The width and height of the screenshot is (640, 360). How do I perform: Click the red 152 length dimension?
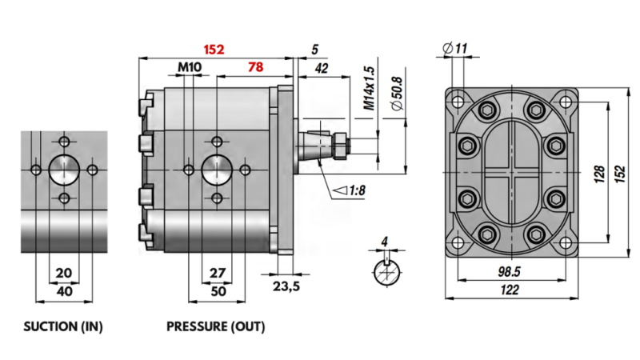click(x=213, y=49)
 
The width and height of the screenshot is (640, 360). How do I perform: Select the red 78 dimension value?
click(x=255, y=67)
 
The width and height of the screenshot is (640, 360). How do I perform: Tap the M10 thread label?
click(x=189, y=67)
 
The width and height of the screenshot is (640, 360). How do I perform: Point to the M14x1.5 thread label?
click(x=369, y=88)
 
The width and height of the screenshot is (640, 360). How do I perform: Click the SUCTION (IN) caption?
click(x=64, y=327)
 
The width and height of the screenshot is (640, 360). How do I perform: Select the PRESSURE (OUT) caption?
click(x=215, y=327)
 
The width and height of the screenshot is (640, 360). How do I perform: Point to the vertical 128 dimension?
click(x=598, y=174)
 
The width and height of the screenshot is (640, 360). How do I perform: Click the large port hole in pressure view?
click(x=217, y=169)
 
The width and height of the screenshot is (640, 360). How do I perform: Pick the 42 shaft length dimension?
click(x=322, y=69)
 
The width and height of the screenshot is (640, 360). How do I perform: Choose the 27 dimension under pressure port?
click(x=217, y=273)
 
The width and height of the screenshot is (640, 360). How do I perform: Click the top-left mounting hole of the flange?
click(x=457, y=102)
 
